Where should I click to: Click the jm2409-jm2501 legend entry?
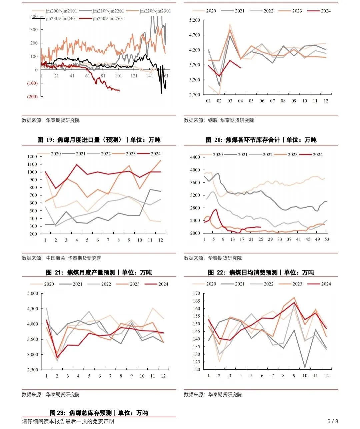[108, 19]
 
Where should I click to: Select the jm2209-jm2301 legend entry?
[155, 11]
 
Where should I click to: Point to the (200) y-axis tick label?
[32, 97]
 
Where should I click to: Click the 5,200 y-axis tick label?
[195, 20]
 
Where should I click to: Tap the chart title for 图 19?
[99, 140]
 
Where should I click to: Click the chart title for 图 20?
[261, 140]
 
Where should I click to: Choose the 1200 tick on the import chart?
[32, 156]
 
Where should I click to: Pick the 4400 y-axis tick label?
[195, 157]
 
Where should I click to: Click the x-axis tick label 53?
[327, 239]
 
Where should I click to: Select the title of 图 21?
[99, 273]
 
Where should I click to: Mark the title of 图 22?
[261, 273]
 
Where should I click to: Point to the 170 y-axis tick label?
[196, 294]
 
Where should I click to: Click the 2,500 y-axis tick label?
[32, 370]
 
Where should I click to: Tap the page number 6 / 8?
[333, 421]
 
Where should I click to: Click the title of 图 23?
[99, 413]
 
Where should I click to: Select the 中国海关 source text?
[55, 258]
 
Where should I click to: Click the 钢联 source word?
[213, 120]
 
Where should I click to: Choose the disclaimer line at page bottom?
[68, 421]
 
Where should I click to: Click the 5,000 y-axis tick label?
[32, 294]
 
